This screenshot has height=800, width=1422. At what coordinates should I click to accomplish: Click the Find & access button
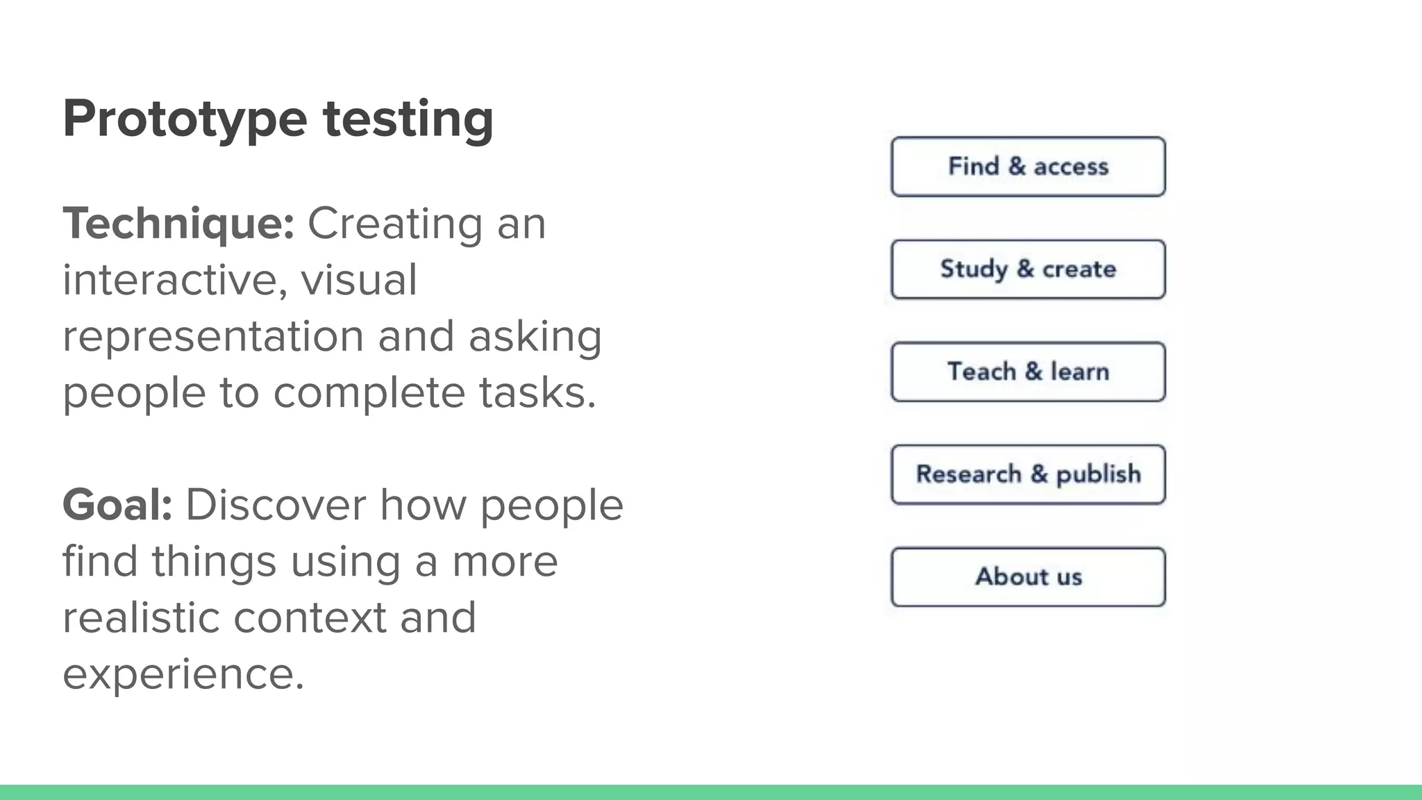click(x=1028, y=167)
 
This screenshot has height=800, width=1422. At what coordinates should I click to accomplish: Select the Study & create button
click(x=1028, y=269)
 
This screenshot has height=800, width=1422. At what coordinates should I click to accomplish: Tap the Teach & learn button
click(x=1028, y=372)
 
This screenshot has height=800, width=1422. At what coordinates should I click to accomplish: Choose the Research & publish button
click(x=1028, y=474)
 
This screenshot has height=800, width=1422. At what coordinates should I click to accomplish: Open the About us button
click(x=1028, y=577)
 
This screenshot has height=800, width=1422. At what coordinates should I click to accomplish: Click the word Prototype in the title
click(x=185, y=119)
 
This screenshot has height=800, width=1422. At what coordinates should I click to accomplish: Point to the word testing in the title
click(x=408, y=119)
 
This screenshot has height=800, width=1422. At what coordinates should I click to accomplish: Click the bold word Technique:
click(x=178, y=224)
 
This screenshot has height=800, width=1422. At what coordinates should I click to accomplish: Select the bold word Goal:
click(x=117, y=505)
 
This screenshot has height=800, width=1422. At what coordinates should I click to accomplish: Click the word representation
click(x=212, y=337)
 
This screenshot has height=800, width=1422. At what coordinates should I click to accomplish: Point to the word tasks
click(x=537, y=393)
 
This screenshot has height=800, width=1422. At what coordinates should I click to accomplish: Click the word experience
click(x=183, y=674)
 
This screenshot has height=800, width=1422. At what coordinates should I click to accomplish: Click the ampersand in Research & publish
click(x=1039, y=474)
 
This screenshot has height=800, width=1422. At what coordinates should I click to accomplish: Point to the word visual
click(x=358, y=281)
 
